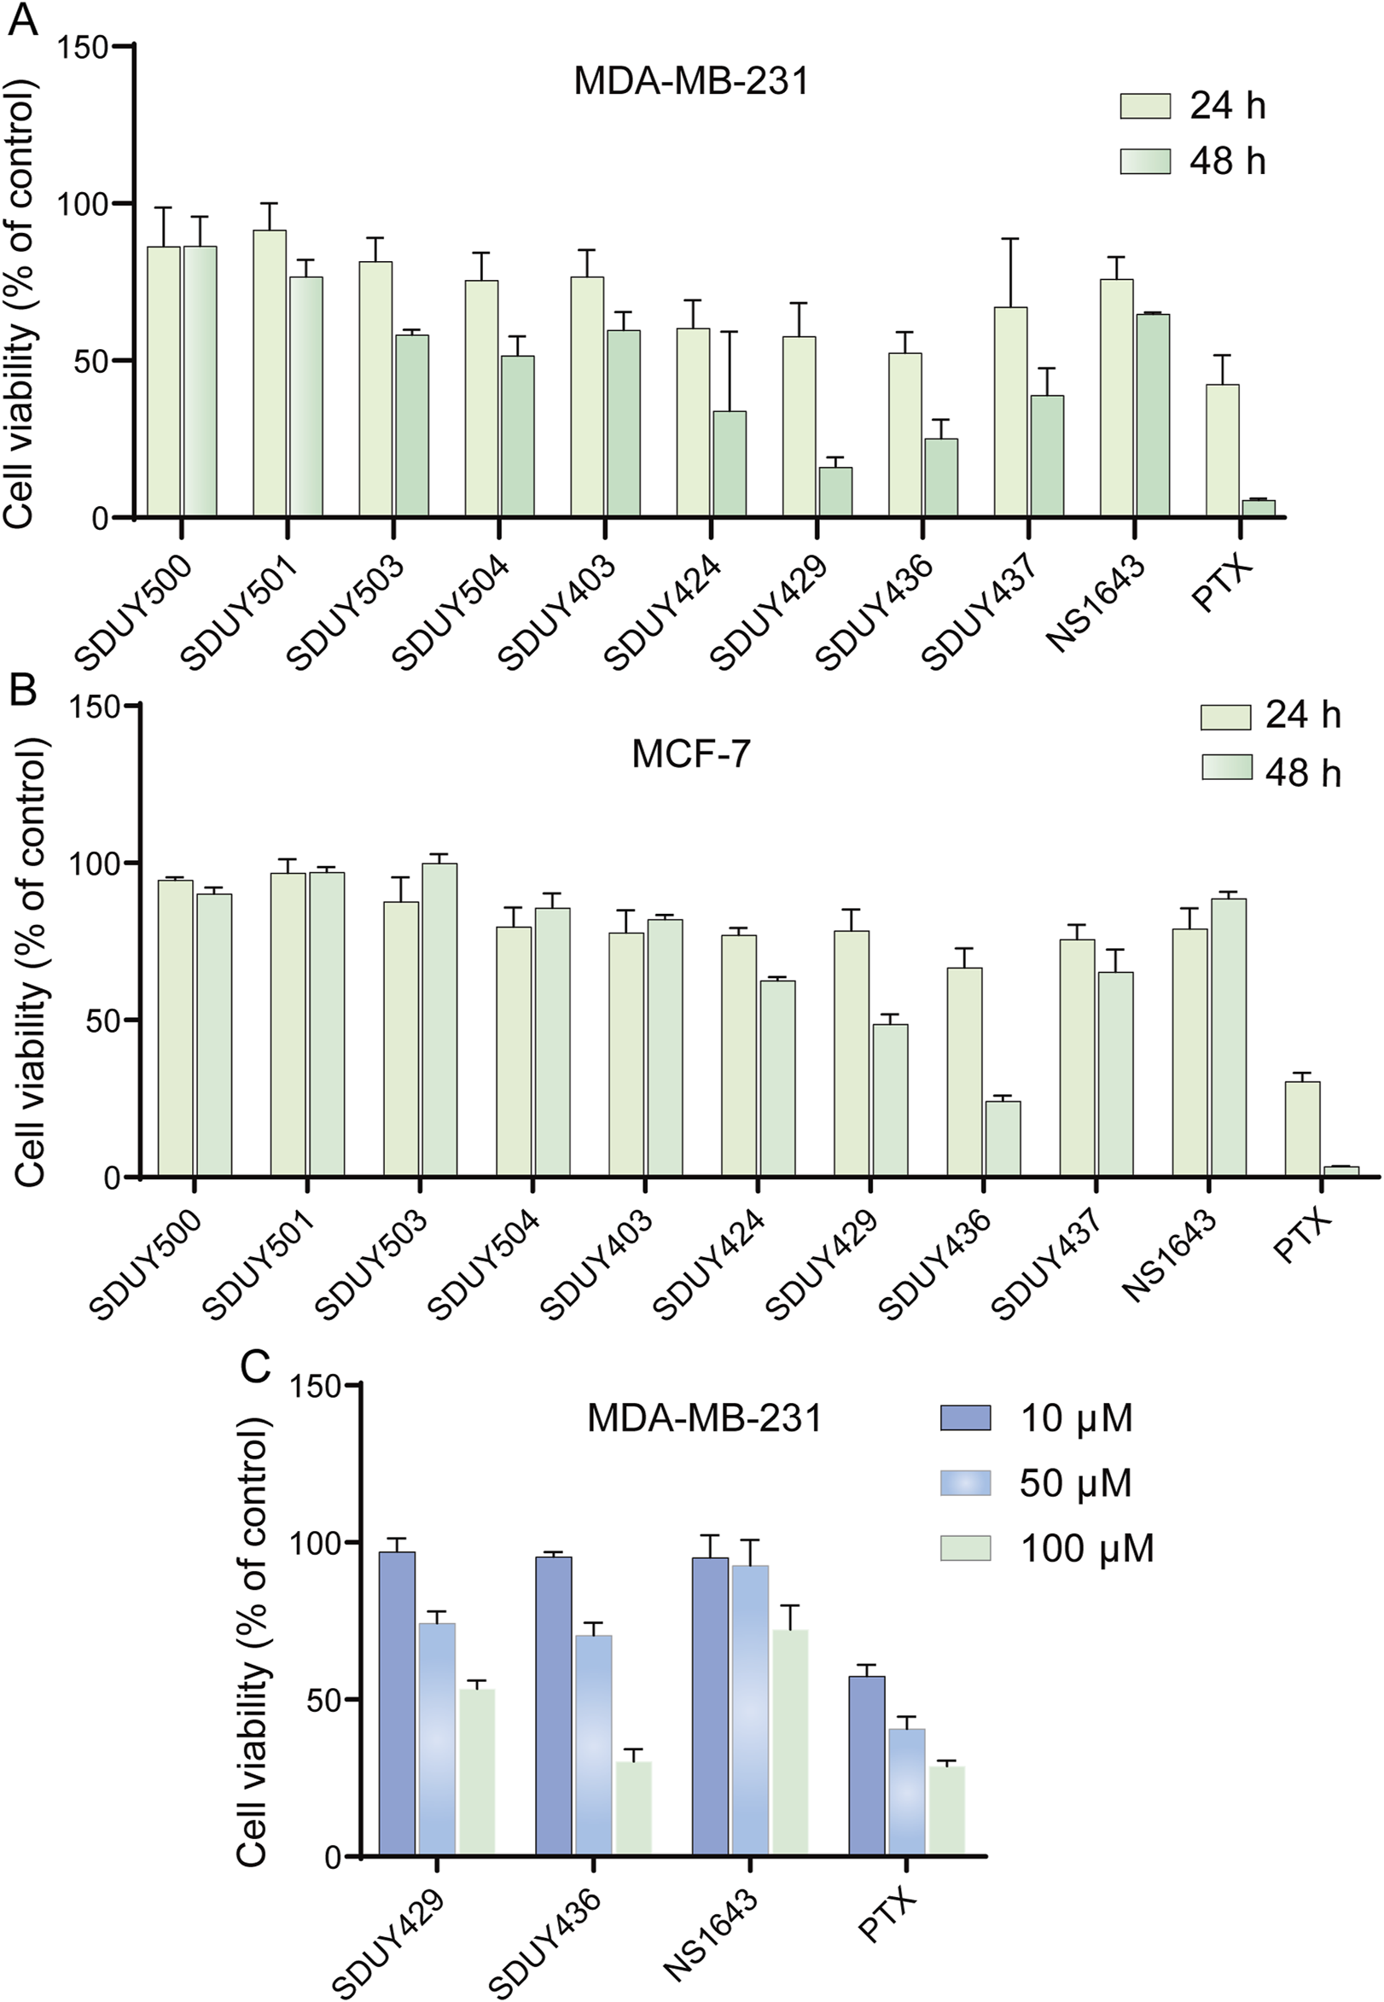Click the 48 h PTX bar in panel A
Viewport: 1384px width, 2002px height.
tap(1259, 508)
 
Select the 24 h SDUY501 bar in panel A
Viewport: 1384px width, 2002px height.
tap(270, 373)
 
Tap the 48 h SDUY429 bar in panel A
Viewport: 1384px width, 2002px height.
tap(835, 492)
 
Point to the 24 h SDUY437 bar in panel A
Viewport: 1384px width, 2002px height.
tap(1010, 412)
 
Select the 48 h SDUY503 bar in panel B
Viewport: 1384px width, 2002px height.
tap(439, 1020)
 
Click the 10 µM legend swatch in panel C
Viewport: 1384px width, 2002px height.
tap(965, 1419)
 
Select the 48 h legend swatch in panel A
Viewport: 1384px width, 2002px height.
tap(1145, 161)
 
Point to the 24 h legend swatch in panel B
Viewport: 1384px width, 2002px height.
tap(1225, 717)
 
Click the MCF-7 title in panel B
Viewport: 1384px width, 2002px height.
tap(690, 754)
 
